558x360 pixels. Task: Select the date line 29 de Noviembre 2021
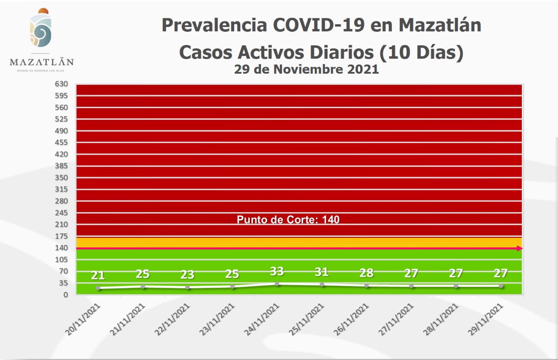coord(306,69)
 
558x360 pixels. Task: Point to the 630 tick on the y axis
coord(61,84)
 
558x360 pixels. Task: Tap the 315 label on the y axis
coord(61,189)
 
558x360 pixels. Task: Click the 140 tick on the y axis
coord(61,248)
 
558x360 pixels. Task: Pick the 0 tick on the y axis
coord(65,295)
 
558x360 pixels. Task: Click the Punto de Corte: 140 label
coord(288,220)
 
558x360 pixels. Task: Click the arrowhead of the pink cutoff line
coord(519,248)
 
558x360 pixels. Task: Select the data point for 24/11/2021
coord(277,284)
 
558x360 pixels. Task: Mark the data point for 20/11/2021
coord(98,288)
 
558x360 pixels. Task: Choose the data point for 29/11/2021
coord(501,286)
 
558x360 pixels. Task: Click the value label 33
coord(277,272)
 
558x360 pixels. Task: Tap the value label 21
coord(98,275)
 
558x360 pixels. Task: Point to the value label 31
coord(322,272)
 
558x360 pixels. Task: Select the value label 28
coord(367,273)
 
